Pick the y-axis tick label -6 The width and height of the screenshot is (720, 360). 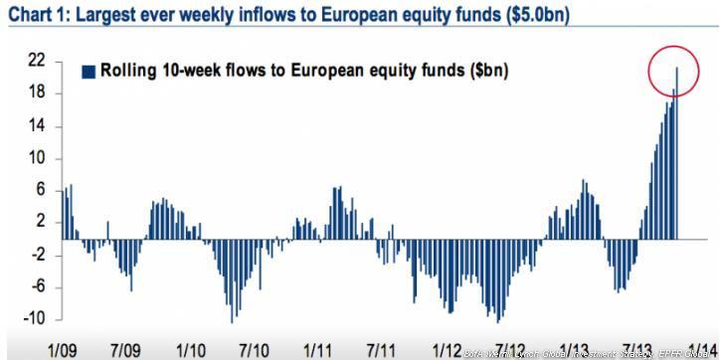pos(34,287)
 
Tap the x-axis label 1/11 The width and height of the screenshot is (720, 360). pos(317,351)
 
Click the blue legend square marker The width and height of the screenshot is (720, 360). pos(89,71)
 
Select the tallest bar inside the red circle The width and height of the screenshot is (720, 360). pos(677,149)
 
